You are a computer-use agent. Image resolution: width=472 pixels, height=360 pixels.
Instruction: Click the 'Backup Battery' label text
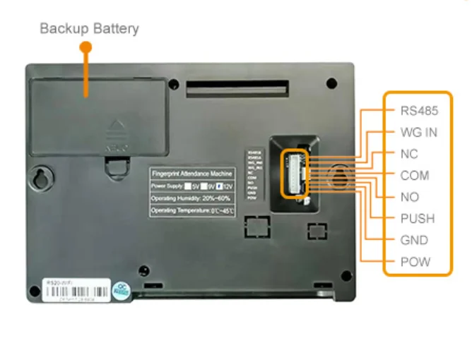coord(89,29)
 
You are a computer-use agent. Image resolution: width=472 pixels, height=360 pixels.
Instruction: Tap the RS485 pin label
coord(419,111)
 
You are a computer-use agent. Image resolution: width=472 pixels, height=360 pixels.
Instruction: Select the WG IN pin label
coord(419,132)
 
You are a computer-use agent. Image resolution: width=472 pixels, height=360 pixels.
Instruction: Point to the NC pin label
coord(409,154)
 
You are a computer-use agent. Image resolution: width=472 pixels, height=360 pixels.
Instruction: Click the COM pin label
coord(414,176)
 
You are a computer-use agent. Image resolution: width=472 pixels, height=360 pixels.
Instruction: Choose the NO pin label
coord(409,197)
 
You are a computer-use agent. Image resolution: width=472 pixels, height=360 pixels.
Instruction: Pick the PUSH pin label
coord(417,219)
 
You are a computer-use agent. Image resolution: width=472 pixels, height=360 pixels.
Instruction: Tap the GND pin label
coord(414,240)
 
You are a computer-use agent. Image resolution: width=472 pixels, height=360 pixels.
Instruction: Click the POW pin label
coord(415,262)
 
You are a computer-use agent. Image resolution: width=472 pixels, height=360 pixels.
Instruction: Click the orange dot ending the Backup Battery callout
coord(86,47)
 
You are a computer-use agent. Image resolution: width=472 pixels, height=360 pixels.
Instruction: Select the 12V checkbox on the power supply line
coord(220,186)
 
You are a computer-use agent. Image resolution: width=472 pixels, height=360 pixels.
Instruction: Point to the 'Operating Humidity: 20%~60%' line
coord(191,198)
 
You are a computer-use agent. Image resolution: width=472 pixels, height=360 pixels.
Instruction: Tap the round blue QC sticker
coord(122,289)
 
